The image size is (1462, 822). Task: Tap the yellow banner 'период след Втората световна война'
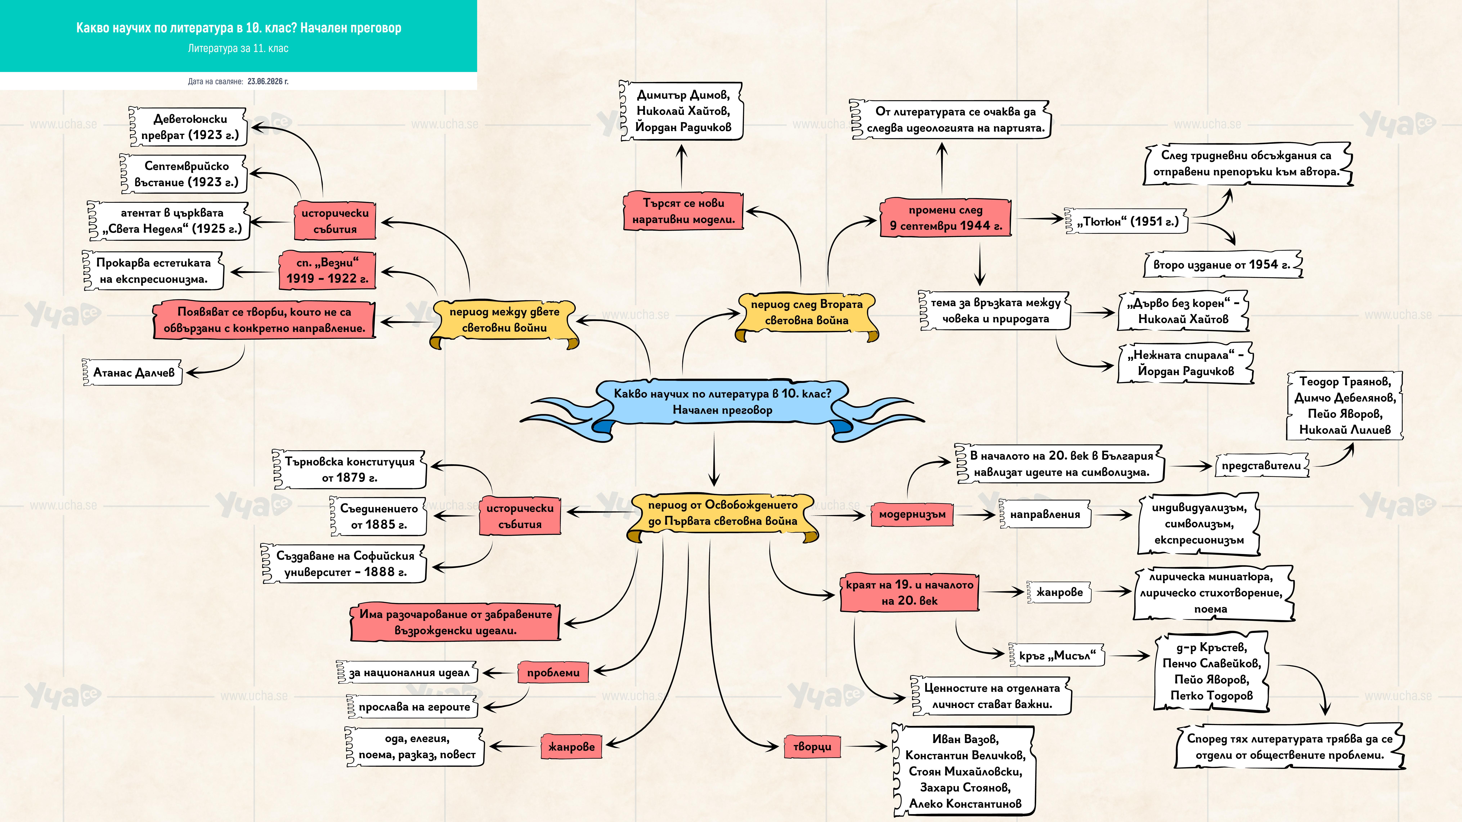tap(806, 314)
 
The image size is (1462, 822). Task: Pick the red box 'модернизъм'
tap(912, 514)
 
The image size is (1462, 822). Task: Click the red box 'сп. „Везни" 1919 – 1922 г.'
tap(327, 270)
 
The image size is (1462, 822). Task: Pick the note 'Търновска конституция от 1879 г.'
tap(349, 469)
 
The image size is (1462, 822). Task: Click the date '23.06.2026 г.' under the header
tap(268, 81)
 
